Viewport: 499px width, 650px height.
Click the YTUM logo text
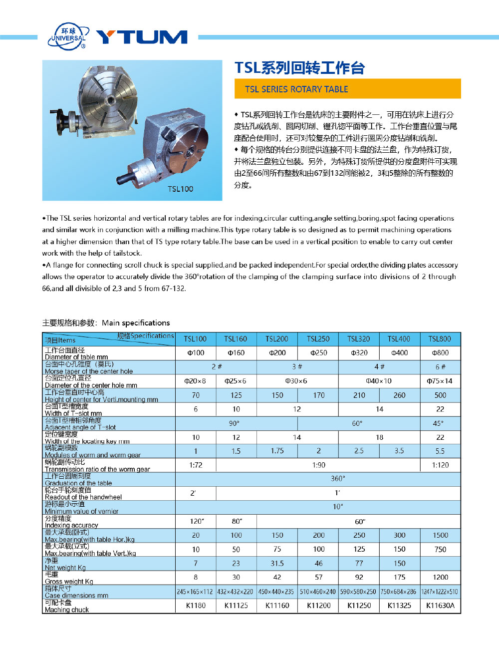(142, 37)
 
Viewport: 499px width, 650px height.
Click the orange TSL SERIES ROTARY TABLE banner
(347, 89)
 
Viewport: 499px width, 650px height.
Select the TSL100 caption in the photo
(180, 189)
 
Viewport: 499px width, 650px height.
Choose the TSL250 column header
(318, 339)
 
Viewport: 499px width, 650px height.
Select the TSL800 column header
(440, 339)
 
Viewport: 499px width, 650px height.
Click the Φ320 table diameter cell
(359, 353)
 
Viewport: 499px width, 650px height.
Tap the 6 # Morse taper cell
(440, 367)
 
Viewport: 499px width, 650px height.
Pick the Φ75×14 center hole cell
(440, 381)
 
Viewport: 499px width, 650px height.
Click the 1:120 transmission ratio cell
(440, 465)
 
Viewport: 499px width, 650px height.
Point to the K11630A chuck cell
(440, 606)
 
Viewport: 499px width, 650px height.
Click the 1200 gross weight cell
(440, 577)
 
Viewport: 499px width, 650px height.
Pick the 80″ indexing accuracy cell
(237, 521)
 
